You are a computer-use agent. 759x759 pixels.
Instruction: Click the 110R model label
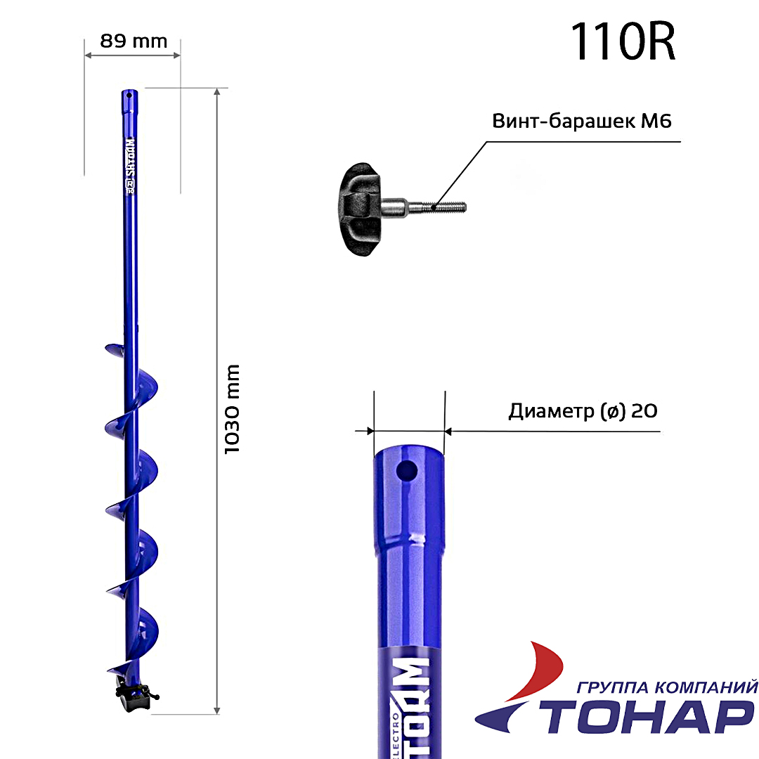point(623,42)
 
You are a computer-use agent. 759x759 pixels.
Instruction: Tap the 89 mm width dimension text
point(134,41)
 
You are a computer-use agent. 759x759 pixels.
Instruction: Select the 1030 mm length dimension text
point(232,410)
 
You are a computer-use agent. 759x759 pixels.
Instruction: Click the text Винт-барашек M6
point(582,121)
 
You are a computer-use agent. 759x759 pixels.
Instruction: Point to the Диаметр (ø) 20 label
point(583,411)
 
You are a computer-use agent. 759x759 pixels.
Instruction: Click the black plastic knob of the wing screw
point(361,209)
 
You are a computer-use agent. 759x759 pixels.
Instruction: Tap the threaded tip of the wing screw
point(448,207)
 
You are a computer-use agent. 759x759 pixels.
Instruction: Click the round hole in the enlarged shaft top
point(407,470)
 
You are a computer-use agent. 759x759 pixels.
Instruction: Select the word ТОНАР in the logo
point(647,718)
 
